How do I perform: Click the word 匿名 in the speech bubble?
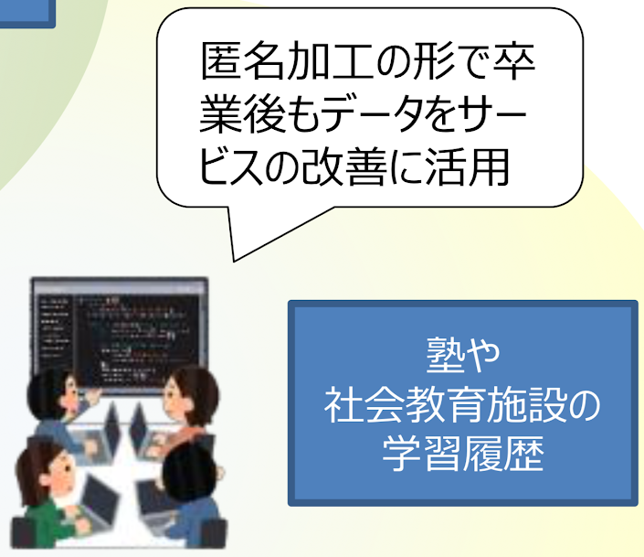pyautogui.click(x=242, y=61)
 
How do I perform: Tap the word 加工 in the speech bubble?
pyautogui.click(x=329, y=61)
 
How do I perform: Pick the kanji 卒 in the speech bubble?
pyautogui.click(x=514, y=61)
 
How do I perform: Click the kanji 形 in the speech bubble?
pyautogui.click(x=435, y=61)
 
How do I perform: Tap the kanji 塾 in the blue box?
pyautogui.click(x=445, y=355)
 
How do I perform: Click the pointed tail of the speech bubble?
pyautogui.click(x=234, y=261)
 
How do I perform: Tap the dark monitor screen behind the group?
pyautogui.click(x=120, y=336)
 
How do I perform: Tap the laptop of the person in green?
pyautogui.click(x=99, y=499)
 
